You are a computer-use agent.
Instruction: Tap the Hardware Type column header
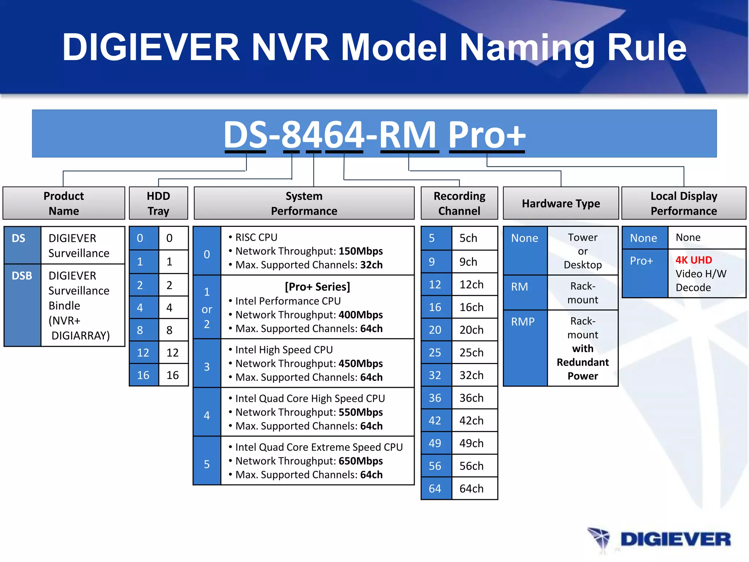point(561,203)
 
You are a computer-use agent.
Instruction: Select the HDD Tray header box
point(158,203)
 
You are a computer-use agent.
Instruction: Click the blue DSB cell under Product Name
point(22,304)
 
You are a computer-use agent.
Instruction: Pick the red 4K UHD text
point(693,260)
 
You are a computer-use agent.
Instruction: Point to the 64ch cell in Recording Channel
point(474,488)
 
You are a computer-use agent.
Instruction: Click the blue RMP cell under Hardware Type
point(525,348)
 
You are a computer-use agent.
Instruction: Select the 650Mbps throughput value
point(361,461)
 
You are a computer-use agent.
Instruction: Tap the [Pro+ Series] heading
point(317,286)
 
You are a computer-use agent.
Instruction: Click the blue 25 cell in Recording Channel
point(436,352)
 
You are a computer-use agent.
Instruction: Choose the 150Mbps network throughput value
point(361,251)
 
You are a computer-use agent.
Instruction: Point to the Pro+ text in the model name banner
point(486,135)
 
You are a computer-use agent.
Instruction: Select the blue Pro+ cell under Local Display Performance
point(645,273)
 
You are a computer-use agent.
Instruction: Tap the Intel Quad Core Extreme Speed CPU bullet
point(319,447)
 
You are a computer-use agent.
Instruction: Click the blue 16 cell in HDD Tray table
point(144,375)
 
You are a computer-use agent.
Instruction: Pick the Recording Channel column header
point(459,203)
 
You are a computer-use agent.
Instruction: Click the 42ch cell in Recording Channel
point(474,420)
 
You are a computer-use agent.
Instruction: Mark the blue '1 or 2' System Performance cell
point(207,307)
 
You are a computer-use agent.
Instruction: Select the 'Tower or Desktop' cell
point(583,251)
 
